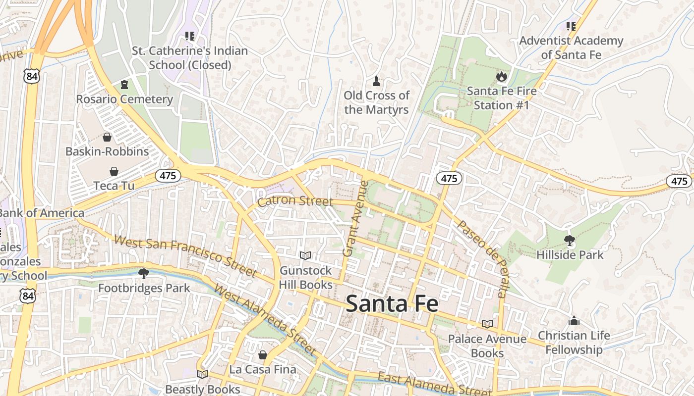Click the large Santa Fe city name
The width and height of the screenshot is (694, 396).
[392, 303]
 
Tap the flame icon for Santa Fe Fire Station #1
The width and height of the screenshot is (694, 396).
[502, 77]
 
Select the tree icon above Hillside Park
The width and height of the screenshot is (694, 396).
[570, 241]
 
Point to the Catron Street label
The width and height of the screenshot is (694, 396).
[295, 201]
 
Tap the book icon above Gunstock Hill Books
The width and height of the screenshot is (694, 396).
[305, 255]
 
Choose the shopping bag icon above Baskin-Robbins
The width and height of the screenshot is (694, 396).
[107, 137]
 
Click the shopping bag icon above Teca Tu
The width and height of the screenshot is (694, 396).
[114, 171]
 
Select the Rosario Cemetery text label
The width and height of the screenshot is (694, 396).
[124, 99]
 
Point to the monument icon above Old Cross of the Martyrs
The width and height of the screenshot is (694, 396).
[376, 81]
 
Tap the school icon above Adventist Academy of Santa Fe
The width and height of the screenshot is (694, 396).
[571, 26]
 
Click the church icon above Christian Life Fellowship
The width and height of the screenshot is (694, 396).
[574, 321]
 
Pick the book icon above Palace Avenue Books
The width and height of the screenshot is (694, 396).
[487, 324]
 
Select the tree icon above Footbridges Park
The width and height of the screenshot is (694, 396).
[144, 273]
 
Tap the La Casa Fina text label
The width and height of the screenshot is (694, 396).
[263, 369]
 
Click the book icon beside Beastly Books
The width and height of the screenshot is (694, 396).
[202, 374]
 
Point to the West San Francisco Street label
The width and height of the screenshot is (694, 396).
[185, 256]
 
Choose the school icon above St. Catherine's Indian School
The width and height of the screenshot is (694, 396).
[189, 36]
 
